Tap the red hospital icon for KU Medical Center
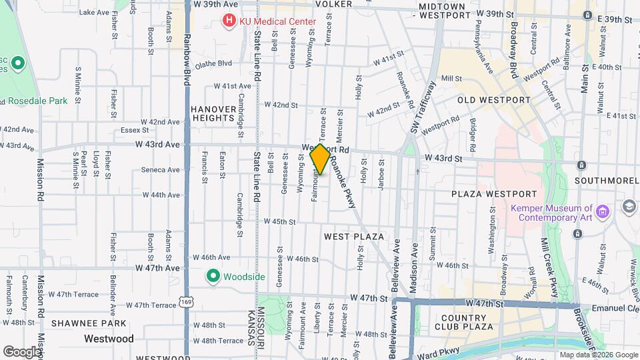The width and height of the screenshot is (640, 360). click(x=229, y=21)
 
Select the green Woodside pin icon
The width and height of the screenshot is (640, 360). click(x=213, y=275)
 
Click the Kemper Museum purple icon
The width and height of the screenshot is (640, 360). click(x=603, y=212)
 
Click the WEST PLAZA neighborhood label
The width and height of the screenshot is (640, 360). click(x=353, y=237)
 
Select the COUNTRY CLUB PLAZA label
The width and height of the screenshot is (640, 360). click(x=462, y=321)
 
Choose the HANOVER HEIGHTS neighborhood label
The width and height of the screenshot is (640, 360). click(x=213, y=113)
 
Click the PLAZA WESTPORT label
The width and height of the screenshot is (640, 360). click(x=493, y=194)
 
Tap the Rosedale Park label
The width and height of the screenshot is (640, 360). click(x=38, y=101)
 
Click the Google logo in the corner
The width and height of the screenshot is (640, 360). click(x=22, y=351)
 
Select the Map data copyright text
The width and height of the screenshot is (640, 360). click(x=598, y=355)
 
